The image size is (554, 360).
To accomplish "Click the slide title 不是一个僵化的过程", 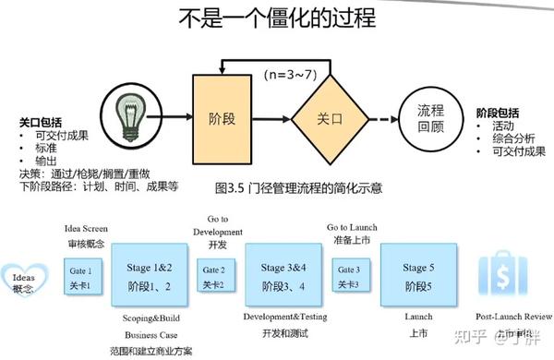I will (276, 20).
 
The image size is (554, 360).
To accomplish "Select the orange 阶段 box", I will (221, 117).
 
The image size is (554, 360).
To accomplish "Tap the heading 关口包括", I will (42, 121).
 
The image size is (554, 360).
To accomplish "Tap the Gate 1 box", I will (81, 277).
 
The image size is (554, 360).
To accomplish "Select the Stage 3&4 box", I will (288, 277).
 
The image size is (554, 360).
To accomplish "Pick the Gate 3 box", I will (348, 276).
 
